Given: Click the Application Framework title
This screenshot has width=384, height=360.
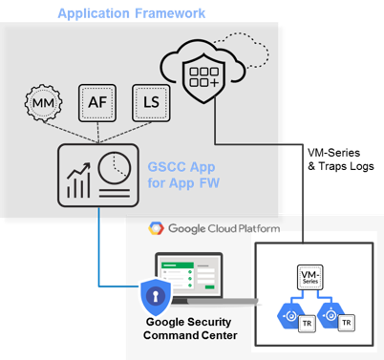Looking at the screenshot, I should coord(132,13).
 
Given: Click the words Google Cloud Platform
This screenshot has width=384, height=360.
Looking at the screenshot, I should coord(218,229).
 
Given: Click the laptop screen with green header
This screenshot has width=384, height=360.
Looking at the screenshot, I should coord(188,278).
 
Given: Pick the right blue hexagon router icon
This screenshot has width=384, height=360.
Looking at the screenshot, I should coord(335,309).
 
